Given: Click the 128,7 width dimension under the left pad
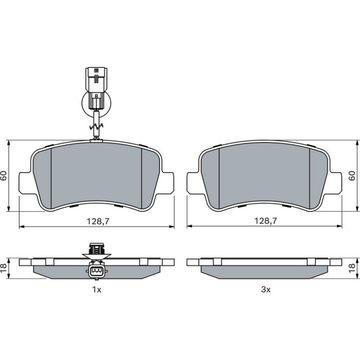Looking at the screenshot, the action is point(98,221).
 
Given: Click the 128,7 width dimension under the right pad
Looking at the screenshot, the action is point(266,221).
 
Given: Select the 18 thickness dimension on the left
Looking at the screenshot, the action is point(4,268).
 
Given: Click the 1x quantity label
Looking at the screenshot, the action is point(97,290).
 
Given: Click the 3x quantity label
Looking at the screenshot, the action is point(266,290).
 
